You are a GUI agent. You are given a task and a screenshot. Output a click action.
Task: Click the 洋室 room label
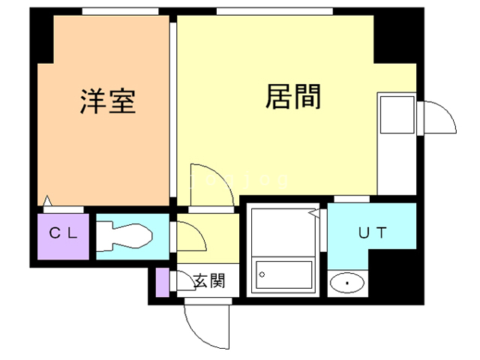tap(109, 101)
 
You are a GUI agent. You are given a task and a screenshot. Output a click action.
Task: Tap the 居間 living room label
tap(293, 97)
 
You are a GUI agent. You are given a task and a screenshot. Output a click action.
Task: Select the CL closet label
tap(63, 232)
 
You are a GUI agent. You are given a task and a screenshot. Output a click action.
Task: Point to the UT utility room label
tap(372, 232)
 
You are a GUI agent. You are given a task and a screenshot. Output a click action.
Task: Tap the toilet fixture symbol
tap(124, 236)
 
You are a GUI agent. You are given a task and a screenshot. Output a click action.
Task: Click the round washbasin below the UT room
tap(348, 283)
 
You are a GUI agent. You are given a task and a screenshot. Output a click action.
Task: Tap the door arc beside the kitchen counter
tap(439, 117)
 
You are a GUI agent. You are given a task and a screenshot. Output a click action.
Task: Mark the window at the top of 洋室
tap(120, 11)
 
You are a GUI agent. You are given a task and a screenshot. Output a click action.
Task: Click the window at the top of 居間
tap(274, 11)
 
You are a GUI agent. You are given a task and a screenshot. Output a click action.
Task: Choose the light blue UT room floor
tap(373, 225)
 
